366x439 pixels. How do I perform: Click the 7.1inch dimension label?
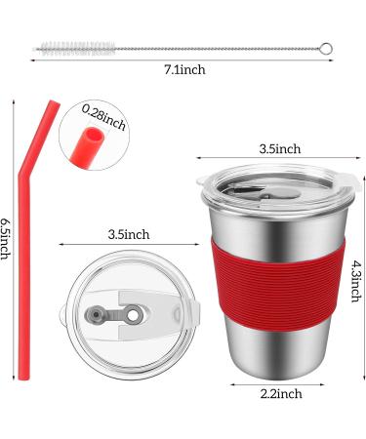click(x=184, y=70)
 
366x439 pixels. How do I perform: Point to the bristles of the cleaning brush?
click(x=75, y=48)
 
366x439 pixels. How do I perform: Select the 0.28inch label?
click(x=103, y=117)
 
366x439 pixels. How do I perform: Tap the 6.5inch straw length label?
click(x=5, y=239)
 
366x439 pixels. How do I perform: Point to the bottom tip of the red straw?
click(x=23, y=379)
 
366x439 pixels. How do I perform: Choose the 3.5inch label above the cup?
click(x=280, y=149)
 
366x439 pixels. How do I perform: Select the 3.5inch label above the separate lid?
click(x=129, y=234)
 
